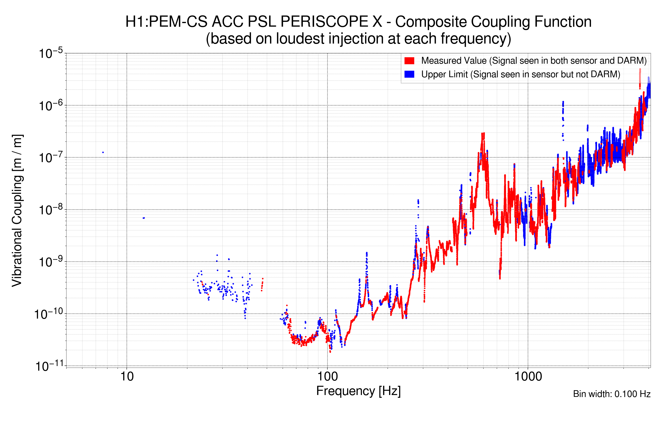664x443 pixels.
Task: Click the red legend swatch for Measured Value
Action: tap(409, 61)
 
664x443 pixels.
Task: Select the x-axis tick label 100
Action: tap(328, 377)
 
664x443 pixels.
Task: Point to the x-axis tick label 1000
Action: tap(528, 377)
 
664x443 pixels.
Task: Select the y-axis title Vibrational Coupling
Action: tap(17, 210)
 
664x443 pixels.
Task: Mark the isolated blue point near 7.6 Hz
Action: tap(103, 153)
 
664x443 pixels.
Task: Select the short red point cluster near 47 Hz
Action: tap(262, 284)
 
